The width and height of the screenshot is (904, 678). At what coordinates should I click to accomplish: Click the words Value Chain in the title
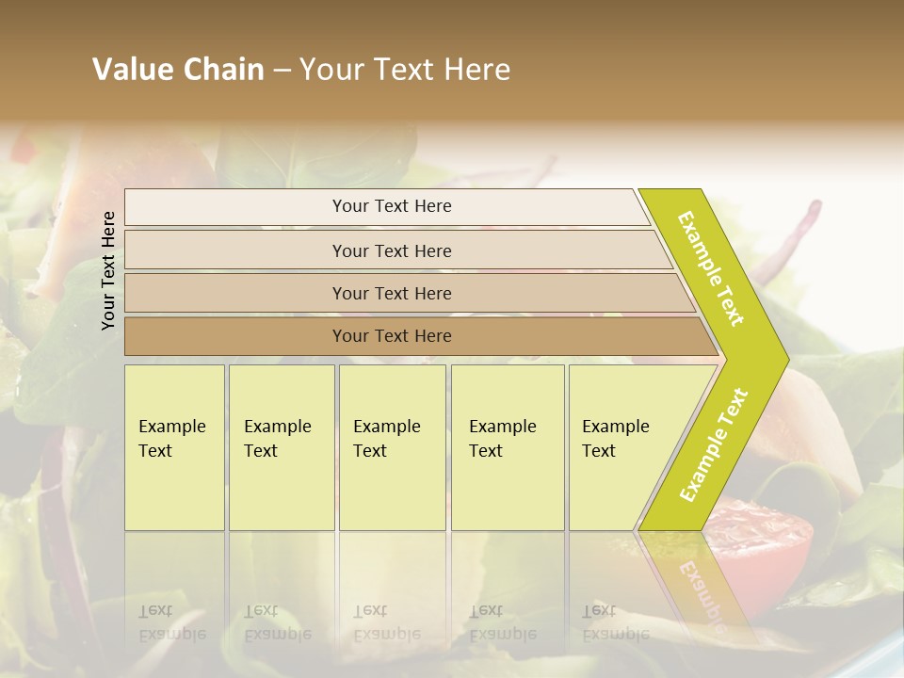[x=178, y=70]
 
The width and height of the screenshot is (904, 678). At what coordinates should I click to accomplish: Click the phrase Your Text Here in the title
[x=405, y=70]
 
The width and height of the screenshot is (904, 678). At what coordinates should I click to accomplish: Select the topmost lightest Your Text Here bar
[x=392, y=206]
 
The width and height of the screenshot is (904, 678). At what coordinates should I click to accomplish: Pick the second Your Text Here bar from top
[x=392, y=250]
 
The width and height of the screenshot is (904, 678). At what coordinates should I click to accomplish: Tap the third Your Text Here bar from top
[x=392, y=293]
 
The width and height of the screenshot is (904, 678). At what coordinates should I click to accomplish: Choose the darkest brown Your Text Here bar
[x=392, y=336]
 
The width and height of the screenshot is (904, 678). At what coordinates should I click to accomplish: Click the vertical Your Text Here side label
[x=108, y=270]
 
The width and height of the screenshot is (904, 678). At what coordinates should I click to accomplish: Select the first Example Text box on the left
[x=174, y=447]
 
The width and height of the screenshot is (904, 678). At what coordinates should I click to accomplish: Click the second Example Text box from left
[x=282, y=447]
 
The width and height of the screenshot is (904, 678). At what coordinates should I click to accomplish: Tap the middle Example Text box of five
[x=392, y=447]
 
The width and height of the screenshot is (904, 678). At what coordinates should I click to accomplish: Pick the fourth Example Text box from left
[x=508, y=447]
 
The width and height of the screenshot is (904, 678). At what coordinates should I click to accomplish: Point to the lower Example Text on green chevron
[x=714, y=444]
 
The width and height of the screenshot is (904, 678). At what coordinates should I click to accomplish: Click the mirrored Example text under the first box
[x=171, y=623]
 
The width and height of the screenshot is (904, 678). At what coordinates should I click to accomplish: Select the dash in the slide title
[x=282, y=70]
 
